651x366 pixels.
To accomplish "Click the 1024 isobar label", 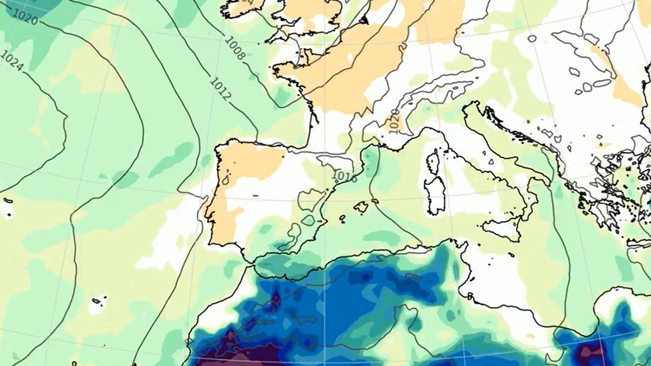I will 12,61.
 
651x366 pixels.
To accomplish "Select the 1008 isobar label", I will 235,48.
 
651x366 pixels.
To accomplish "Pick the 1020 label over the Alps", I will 394,118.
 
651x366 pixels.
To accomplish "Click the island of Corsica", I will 433,161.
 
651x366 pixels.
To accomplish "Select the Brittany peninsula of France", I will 285,70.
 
